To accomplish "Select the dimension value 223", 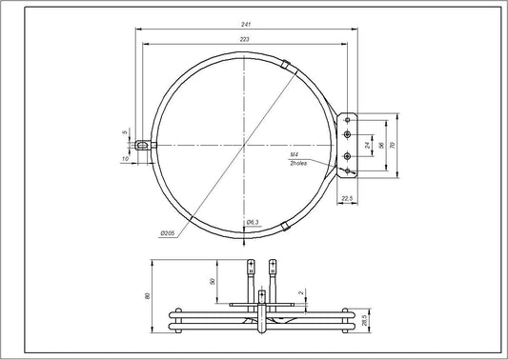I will click(x=246, y=39).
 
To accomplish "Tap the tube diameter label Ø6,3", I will click(x=253, y=223).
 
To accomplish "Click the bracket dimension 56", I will click(x=380, y=145).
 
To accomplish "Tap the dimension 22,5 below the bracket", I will click(x=347, y=198).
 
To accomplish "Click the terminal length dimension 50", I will click(x=211, y=282).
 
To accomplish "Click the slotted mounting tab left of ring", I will click(x=143, y=145).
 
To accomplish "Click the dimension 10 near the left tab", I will click(x=127, y=158).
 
